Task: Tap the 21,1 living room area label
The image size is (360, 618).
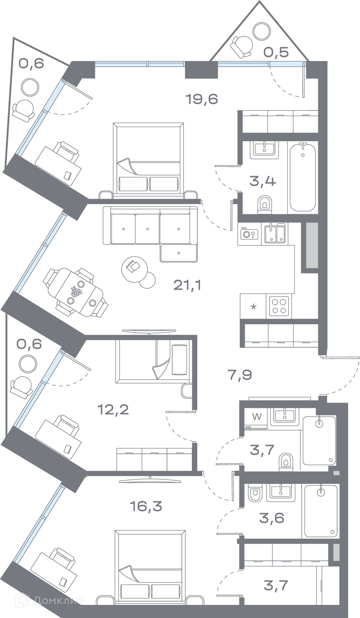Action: point(187,285)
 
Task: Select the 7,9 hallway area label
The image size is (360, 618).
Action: point(240,375)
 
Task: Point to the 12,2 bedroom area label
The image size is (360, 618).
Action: point(113,410)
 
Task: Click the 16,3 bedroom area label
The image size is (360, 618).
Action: point(146,506)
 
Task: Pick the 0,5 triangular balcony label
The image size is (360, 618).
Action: point(276,52)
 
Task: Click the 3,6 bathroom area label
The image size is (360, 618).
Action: point(272,518)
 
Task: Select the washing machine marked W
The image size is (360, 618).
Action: point(256,419)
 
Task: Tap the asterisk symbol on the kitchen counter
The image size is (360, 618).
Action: point(253,307)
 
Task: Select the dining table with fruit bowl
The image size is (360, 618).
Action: point(76,293)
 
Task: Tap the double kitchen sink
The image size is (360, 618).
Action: point(275,234)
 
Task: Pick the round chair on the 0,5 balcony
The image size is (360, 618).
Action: point(242,45)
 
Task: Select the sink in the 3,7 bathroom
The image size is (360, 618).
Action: point(285,417)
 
